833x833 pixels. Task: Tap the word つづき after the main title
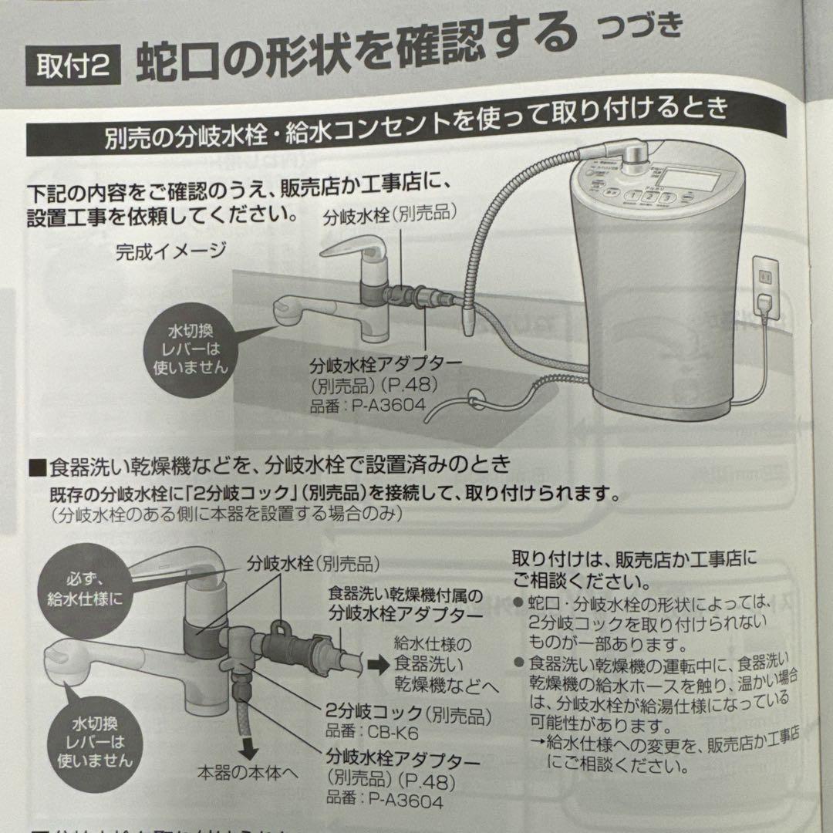click(640, 28)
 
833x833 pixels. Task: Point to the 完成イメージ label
click(170, 250)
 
